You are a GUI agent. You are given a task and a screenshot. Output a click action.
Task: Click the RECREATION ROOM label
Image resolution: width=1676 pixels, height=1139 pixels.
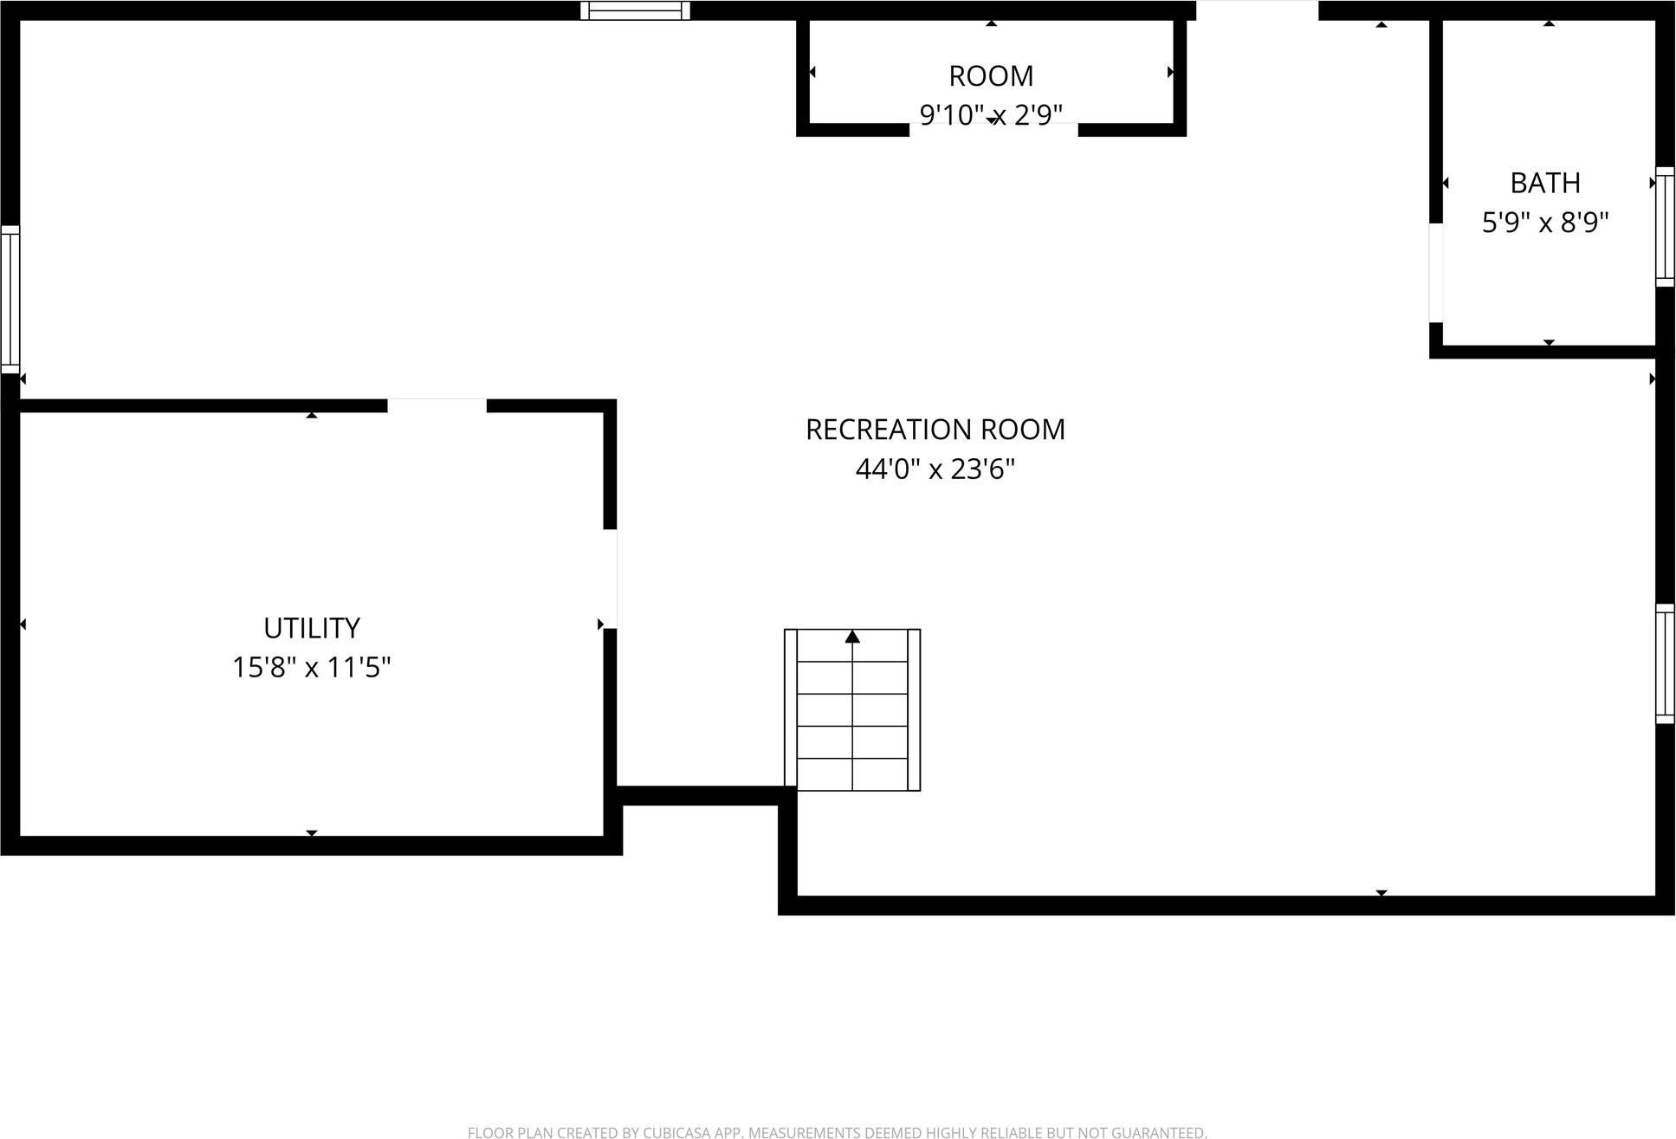935,430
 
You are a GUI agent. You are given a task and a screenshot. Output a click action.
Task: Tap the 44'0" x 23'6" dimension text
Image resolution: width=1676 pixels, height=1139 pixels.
935,469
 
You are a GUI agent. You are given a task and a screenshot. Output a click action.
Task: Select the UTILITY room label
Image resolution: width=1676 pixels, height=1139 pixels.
311,628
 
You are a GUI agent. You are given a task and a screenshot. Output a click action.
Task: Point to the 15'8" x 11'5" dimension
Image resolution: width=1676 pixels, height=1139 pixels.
311,668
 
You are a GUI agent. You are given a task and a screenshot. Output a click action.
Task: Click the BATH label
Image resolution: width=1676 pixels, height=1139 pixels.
1544,184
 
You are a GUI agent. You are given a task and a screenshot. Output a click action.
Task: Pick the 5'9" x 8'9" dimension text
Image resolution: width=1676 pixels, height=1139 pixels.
1544,223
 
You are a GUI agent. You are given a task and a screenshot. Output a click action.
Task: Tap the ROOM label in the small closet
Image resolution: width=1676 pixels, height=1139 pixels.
991,76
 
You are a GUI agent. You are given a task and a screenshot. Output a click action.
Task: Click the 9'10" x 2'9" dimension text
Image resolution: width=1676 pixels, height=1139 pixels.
991,114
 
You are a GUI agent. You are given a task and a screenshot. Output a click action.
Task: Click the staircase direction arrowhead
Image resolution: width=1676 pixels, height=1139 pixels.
852,637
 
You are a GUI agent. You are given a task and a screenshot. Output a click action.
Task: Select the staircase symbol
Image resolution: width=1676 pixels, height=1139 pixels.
852,710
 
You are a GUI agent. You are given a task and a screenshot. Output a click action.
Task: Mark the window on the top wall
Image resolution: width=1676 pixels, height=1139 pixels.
635,10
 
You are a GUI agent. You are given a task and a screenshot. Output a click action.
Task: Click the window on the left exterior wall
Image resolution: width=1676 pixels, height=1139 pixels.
10,299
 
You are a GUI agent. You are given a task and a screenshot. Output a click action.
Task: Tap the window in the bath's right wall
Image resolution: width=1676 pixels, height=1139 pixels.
1665,226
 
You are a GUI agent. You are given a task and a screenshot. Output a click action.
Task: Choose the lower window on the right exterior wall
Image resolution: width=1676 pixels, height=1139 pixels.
1665,663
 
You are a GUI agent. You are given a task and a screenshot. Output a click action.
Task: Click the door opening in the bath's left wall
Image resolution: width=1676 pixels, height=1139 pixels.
1435,273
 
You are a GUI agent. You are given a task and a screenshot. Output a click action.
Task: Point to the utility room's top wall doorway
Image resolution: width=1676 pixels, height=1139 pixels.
437,405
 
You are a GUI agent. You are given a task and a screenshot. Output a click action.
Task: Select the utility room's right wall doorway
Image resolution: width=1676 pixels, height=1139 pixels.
610,579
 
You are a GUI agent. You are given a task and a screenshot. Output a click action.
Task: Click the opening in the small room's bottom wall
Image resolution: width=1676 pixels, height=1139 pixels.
993,130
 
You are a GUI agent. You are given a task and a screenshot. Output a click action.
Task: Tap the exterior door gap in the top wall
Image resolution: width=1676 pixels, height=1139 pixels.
1257,10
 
